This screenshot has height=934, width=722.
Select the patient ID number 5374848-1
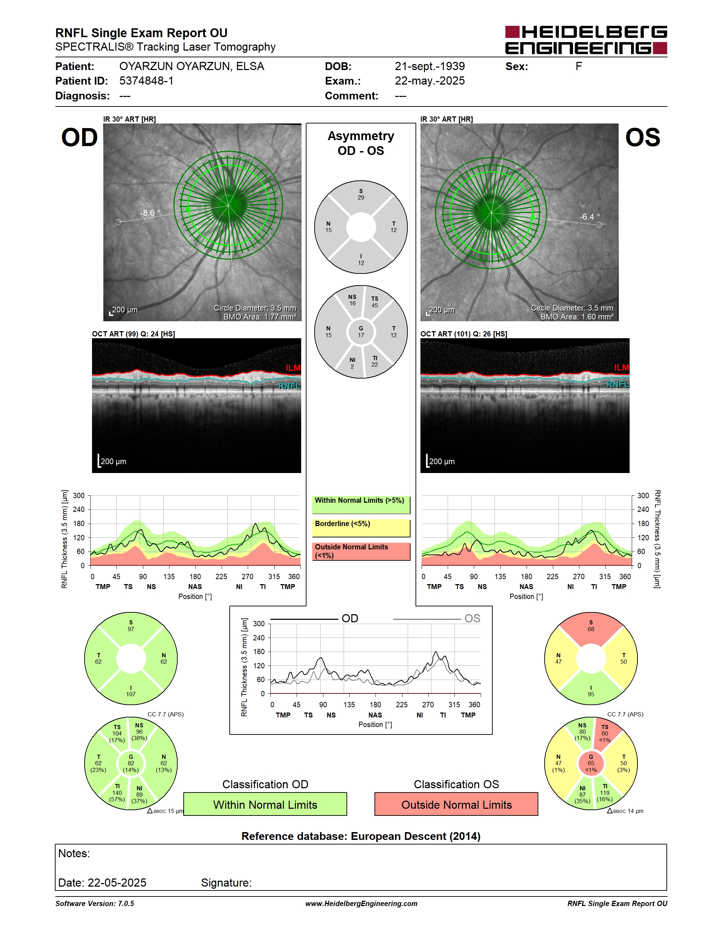pyautogui.click(x=146, y=81)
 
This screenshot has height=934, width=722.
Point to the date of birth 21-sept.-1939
pyautogui.click(x=429, y=66)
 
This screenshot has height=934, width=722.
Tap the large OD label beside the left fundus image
pyautogui.click(x=80, y=137)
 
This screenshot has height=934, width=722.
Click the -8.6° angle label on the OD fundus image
pyautogui.click(x=150, y=213)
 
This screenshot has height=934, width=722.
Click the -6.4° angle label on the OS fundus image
pyautogui.click(x=589, y=217)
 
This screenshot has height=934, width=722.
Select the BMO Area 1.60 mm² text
pyautogui.click(x=577, y=317)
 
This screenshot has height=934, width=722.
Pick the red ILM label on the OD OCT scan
pyautogui.click(x=293, y=368)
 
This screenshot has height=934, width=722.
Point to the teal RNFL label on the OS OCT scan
pyautogui.click(x=618, y=385)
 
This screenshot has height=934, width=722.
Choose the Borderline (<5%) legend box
pyautogui.click(x=361, y=528)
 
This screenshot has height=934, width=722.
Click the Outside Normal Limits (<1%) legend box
pyautogui.click(x=361, y=551)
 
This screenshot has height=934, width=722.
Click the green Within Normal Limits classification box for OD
pyautogui.click(x=265, y=805)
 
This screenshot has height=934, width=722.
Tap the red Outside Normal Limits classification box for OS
pyautogui.click(x=457, y=805)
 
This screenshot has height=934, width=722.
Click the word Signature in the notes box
pyautogui.click(x=226, y=883)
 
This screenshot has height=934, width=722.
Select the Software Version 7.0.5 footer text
pyautogui.click(x=94, y=904)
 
